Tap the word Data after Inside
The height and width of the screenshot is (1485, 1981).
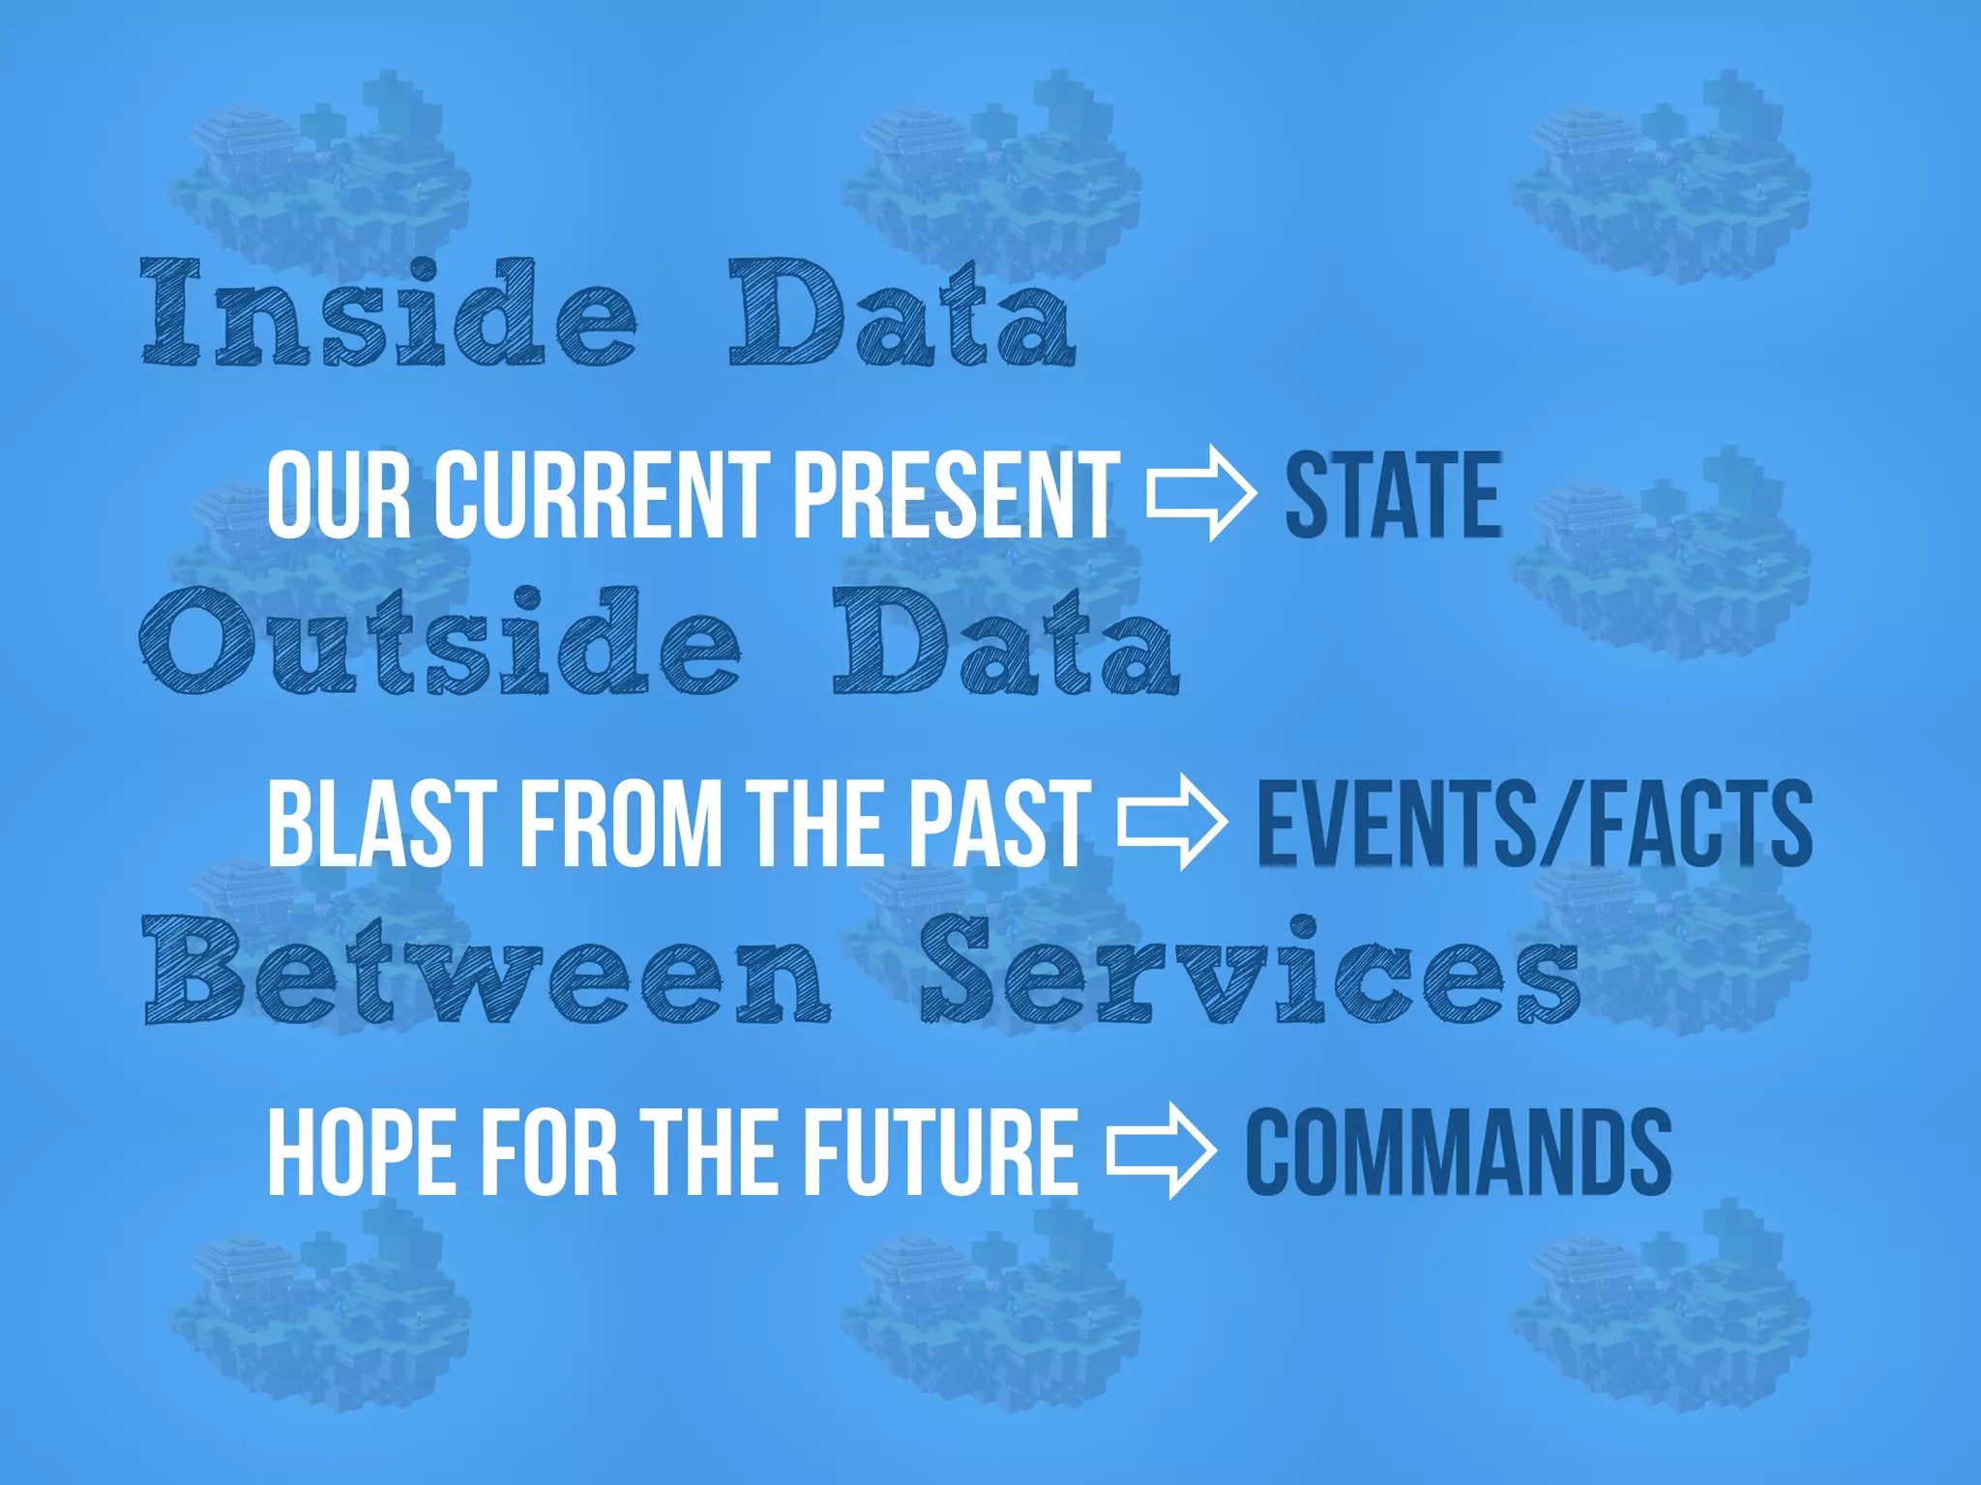pyautogui.click(x=902, y=314)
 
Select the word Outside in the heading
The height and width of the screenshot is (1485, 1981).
pyautogui.click(x=441, y=643)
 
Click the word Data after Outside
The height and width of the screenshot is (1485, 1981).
pyautogui.click(x=1006, y=643)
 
